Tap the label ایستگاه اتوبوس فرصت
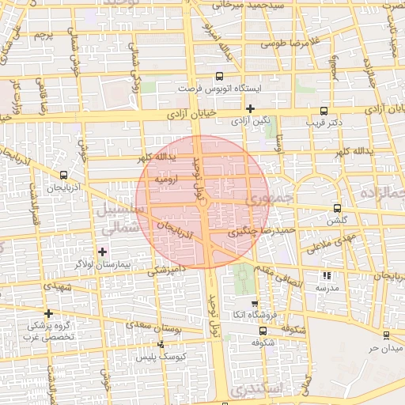coord(217,89)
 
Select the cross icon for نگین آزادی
coord(251,108)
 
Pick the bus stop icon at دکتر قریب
coord(323,112)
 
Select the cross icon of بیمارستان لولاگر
coord(102,251)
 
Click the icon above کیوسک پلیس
coord(161,344)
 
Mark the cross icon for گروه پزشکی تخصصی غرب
coord(49,313)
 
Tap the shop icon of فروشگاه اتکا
coord(254,303)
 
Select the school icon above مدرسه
coord(327,276)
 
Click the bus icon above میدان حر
coord(387,335)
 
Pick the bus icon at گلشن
coord(338,208)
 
